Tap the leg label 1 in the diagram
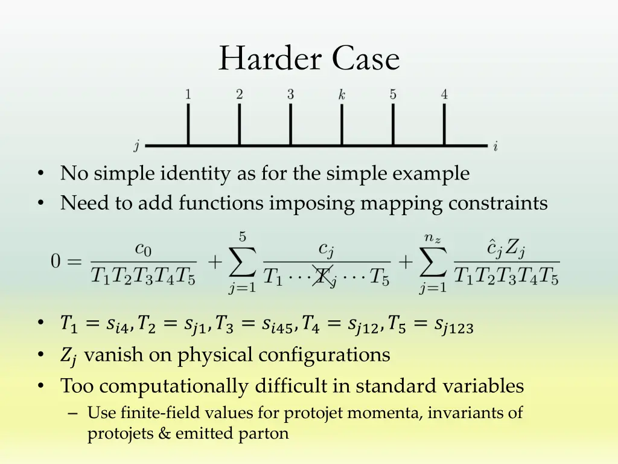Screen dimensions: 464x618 point(188,94)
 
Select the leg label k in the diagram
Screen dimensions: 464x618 point(342,95)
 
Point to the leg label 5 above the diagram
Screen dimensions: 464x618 point(393,94)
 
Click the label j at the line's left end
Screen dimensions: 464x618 point(137,146)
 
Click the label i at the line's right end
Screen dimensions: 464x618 point(495,146)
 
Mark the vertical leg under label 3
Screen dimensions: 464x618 point(291,124)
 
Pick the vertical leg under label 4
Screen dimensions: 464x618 point(445,124)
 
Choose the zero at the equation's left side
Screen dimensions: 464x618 point(56,263)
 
